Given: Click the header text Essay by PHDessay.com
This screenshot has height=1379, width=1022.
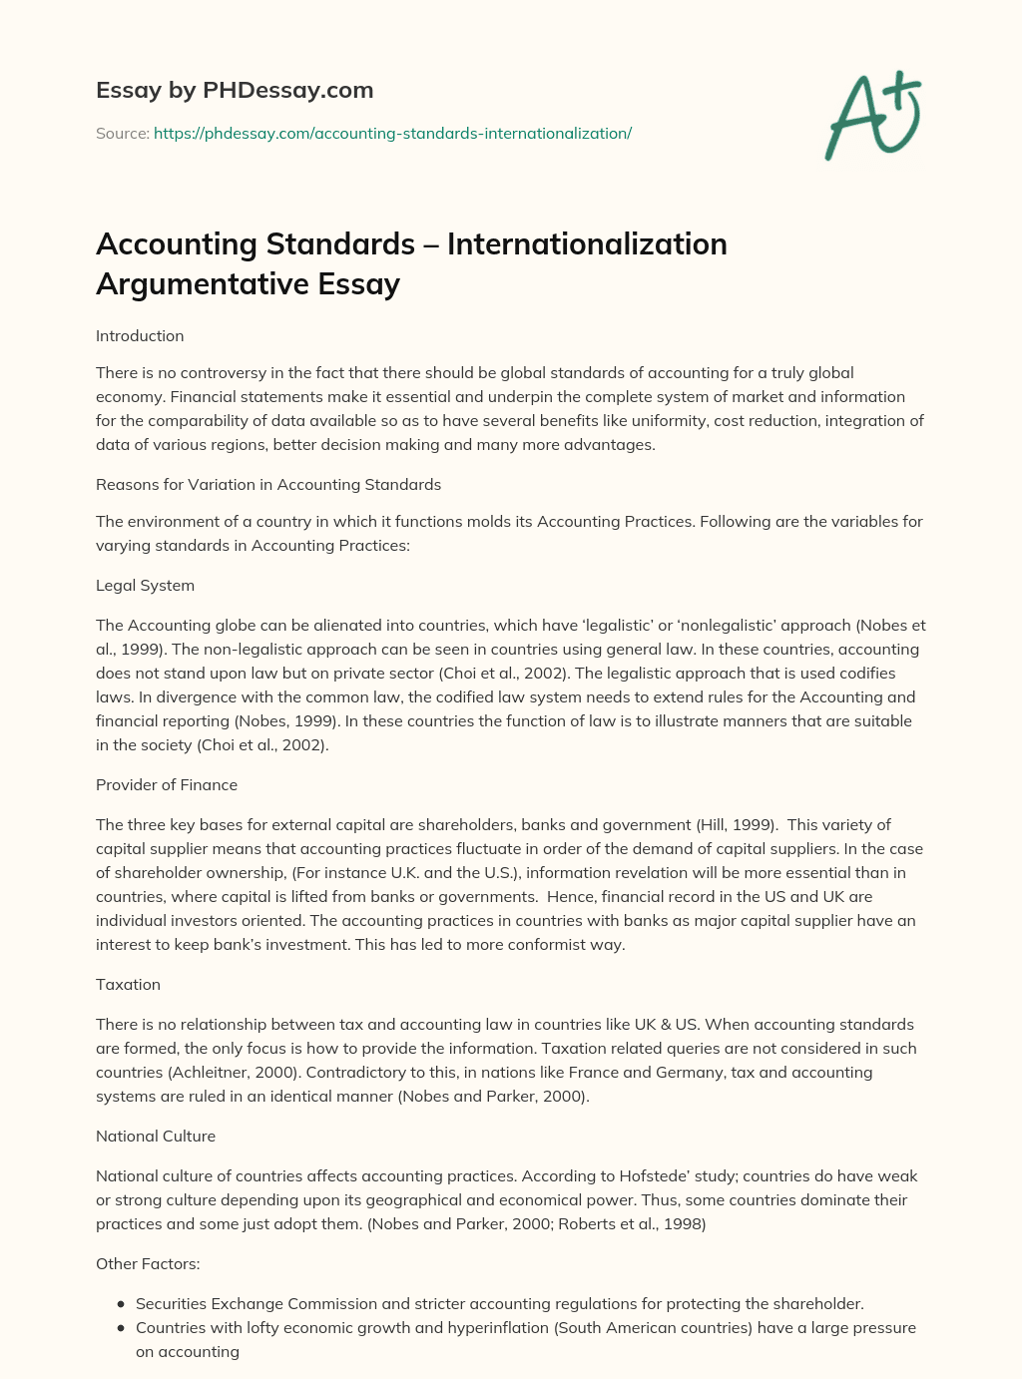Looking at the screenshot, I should (x=235, y=90).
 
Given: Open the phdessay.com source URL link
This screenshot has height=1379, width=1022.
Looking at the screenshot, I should (x=392, y=133).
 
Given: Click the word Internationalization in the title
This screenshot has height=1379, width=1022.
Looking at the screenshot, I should (x=587, y=243).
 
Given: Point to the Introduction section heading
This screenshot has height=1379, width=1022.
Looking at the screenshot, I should (x=140, y=336).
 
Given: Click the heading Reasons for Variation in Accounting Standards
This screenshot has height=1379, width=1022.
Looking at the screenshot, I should (x=268, y=485).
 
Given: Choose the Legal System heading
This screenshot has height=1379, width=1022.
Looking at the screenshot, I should (x=145, y=586).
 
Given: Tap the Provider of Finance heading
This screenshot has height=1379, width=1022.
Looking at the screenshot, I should (x=167, y=785).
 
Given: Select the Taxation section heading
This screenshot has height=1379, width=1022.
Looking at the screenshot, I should (x=128, y=985).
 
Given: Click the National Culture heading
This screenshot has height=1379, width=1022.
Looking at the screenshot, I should (x=156, y=1137).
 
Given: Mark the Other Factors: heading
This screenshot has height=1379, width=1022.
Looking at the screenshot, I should (x=148, y=1264).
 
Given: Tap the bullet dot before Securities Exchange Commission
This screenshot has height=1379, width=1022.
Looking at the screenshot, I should (x=121, y=1304).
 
